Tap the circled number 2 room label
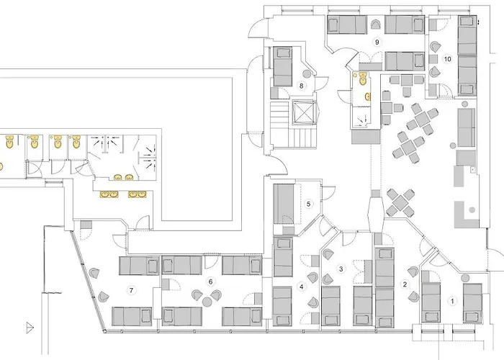(x=405, y=284)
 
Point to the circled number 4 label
(x=302, y=287)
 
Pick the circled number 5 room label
(x=309, y=204)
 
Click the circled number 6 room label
(x=211, y=282)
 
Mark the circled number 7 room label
(x=131, y=290)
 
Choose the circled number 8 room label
(x=302, y=86)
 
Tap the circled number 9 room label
(x=376, y=42)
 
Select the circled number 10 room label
(x=447, y=59)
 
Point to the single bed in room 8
(x=282, y=66)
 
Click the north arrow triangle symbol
(x=30, y=326)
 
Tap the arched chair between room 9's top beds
(x=374, y=24)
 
